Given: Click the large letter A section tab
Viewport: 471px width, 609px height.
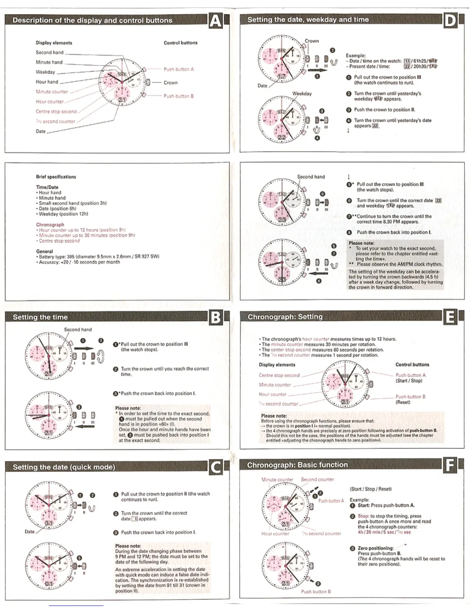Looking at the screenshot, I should pos(215,21).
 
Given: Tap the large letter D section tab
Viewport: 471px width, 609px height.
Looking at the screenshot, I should pos(450,20).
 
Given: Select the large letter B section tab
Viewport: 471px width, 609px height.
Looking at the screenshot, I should pos(215,318).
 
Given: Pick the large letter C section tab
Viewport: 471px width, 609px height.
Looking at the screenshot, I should pos(216,467).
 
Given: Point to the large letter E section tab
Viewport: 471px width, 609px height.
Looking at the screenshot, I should pos(449,318).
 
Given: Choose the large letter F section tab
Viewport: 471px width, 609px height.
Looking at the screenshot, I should pos(449,466).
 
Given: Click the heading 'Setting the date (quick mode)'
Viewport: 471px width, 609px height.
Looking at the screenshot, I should pos(64,467).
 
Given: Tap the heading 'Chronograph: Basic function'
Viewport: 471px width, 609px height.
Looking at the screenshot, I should pos(297,465).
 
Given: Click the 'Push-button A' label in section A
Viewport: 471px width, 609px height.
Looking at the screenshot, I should pos(179,69).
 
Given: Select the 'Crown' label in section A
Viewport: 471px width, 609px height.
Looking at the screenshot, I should pos(170,83).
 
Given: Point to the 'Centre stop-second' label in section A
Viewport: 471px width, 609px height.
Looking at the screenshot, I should pos(56,111).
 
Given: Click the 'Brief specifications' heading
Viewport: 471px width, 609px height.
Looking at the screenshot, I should pos(56,177).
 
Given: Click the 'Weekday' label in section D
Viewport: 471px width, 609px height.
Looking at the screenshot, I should pos(302,93).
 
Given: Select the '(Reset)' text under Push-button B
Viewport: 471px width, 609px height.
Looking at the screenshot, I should pos(403,402).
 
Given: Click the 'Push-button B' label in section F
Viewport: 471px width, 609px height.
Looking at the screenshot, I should pos(316,592).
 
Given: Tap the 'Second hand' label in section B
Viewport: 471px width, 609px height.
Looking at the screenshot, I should pos(78,329).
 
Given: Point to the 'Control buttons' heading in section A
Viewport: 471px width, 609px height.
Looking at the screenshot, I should pos(180,43).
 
